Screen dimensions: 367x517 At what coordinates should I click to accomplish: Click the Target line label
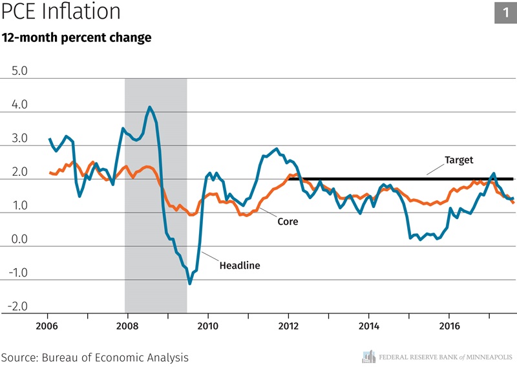coord(459,160)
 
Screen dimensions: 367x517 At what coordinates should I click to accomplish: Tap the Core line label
coord(288,221)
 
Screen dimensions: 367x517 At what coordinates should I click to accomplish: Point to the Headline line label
coord(240,265)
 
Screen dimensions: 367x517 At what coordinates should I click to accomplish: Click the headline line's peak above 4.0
coord(150,107)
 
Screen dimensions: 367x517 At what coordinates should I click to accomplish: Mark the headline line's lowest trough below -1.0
coord(190,283)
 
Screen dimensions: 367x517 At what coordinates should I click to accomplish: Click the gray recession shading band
coord(156,194)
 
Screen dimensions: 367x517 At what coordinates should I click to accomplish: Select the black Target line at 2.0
coord(401,178)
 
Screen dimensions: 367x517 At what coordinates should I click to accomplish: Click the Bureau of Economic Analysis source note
coord(95,357)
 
